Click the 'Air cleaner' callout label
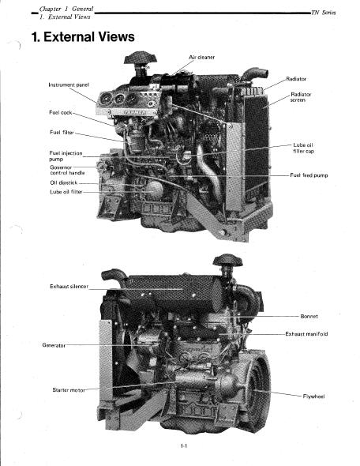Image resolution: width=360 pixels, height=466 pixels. coord(201,57)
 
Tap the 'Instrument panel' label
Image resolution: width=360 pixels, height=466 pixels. coord(69,85)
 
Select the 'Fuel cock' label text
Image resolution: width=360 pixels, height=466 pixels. coord(61,112)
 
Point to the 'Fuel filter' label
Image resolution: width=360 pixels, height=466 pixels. coord(62,132)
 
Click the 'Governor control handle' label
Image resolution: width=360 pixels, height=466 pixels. coord(67,170)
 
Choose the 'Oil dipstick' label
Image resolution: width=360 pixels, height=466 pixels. coord(64,182)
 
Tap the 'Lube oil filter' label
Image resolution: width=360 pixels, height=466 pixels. coord(66,192)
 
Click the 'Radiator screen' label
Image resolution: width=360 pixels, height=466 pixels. coord(301,97)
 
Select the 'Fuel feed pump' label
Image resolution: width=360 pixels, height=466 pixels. coord(309,175)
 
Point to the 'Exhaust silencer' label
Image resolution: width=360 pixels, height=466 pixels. coord(69,287)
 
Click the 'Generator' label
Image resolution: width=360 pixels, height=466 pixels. coord(54,345)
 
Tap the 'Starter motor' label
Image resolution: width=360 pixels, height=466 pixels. coord(69,389)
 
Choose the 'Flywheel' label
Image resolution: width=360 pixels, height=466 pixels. coord(313,396)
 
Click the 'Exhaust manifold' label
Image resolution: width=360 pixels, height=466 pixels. coord(306,334)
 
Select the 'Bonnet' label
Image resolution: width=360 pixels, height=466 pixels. coord(309,316)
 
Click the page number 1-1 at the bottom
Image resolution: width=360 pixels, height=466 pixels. coord(184,445)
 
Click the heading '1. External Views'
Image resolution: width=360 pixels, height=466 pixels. coord(83,37)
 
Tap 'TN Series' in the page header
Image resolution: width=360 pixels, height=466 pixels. coord(324,13)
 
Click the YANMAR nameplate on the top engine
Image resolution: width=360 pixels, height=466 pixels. coord(134,112)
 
